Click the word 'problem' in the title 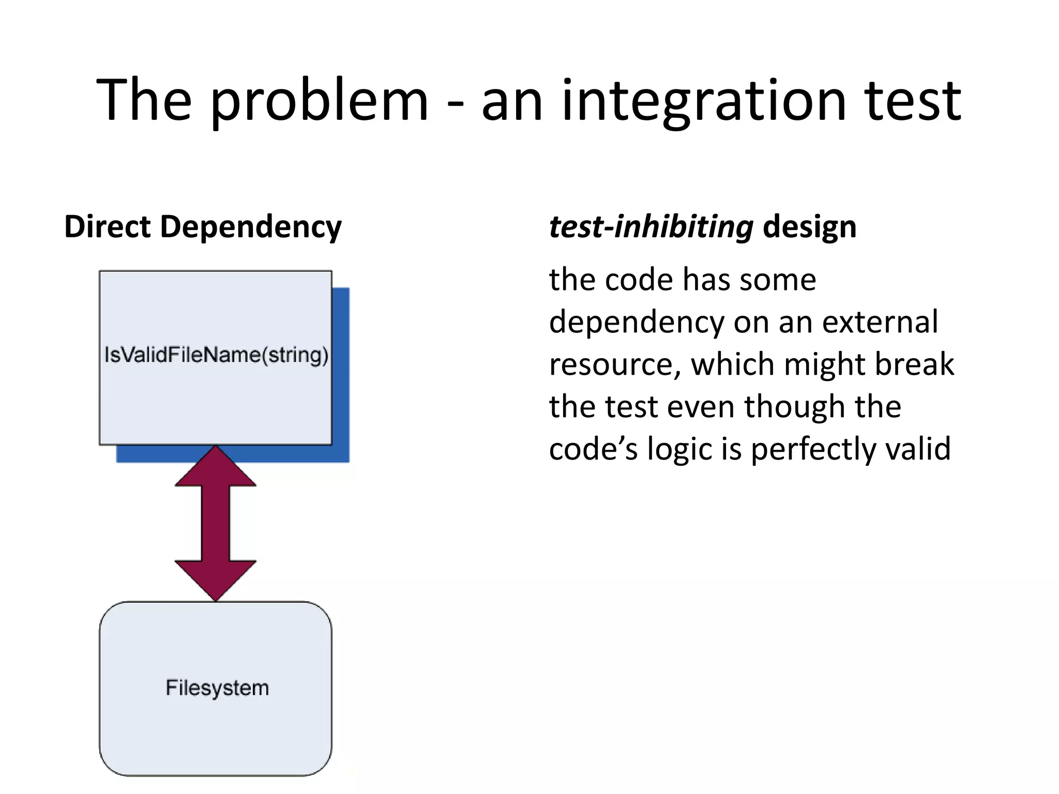(319, 101)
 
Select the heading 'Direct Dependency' (203, 227)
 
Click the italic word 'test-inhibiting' (650, 227)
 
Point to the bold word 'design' (809, 227)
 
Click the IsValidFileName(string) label (216, 355)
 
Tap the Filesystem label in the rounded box (217, 688)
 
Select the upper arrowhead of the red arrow (216, 468)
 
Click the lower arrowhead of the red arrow (216, 579)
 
